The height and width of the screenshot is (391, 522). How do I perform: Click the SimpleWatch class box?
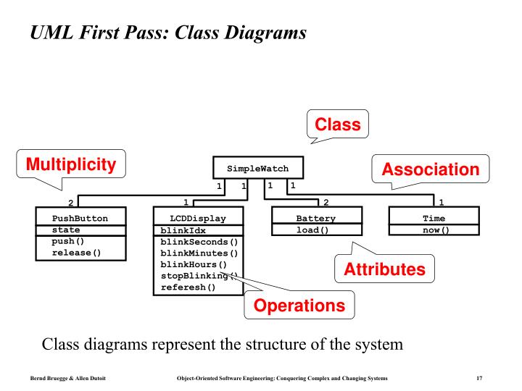click(257, 168)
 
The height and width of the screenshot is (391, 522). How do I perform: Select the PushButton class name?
click(80, 218)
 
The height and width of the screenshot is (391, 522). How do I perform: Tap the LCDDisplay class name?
click(198, 218)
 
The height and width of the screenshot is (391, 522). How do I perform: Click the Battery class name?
click(316, 218)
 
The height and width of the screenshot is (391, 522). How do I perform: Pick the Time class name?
click(434, 218)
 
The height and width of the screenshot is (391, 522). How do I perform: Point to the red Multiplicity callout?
click(71, 165)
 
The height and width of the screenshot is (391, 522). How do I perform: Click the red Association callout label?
click(431, 170)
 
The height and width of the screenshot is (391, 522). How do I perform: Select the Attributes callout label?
click(384, 270)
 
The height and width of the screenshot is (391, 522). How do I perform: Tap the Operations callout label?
click(299, 306)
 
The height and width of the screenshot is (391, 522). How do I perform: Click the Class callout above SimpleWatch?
click(337, 125)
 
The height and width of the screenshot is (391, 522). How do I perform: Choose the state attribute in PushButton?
click(66, 230)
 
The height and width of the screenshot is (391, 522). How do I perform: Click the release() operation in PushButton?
click(76, 253)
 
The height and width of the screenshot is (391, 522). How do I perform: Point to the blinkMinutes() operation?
click(199, 253)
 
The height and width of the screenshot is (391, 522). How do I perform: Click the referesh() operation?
click(188, 287)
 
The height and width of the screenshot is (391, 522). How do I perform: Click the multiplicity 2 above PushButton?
click(70, 203)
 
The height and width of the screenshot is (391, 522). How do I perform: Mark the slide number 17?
click(479, 378)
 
